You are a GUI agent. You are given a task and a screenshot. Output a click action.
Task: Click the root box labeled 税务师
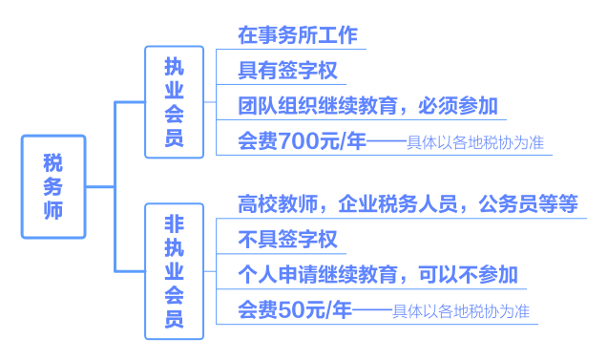click(53, 186)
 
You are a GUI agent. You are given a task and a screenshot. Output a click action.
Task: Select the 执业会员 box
click(174, 102)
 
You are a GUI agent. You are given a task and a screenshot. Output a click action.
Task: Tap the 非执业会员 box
click(174, 271)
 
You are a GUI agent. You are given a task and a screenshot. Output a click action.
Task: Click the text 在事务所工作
click(297, 36)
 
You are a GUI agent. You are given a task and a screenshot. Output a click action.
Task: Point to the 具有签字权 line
click(286, 71)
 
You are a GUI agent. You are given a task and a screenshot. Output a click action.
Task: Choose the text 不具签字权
click(287, 239)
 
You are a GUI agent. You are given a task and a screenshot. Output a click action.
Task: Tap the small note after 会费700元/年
click(474, 144)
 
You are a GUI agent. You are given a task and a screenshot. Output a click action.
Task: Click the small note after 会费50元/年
click(461, 312)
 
